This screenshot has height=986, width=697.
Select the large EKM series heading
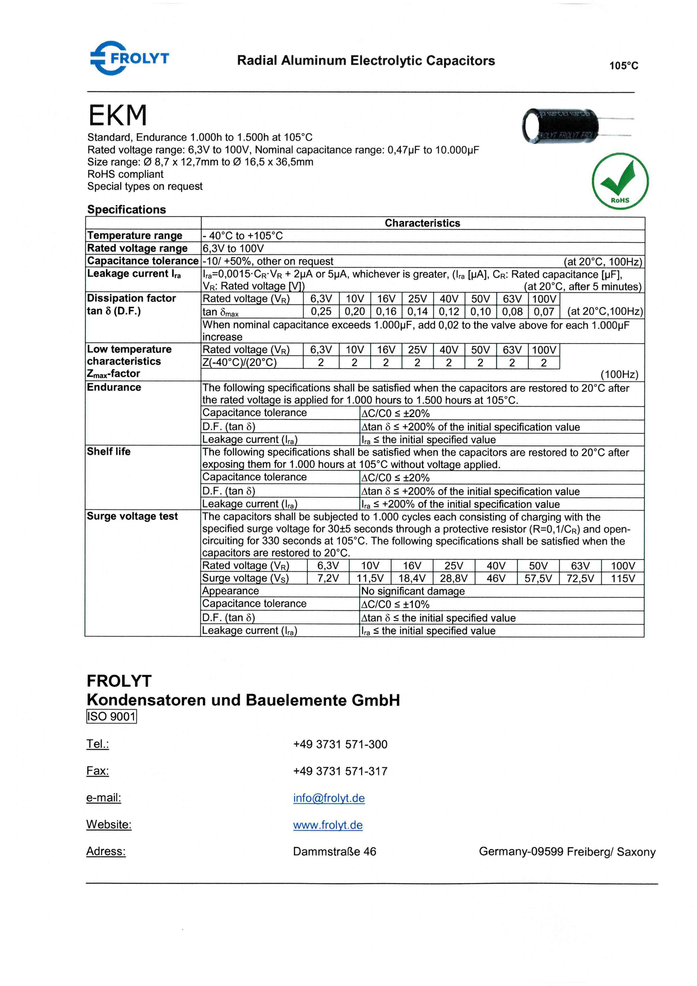(118, 115)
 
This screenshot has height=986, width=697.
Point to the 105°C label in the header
(624, 66)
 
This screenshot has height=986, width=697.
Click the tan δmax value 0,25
(321, 312)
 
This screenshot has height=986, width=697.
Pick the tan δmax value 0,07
(544, 312)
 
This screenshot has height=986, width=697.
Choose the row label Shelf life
(109, 451)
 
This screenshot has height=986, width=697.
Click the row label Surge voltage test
(132, 516)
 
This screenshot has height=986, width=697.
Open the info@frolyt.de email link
(329, 798)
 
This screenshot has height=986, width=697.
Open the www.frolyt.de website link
(328, 825)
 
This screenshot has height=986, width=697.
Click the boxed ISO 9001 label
(112, 716)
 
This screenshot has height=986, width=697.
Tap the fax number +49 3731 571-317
(340, 771)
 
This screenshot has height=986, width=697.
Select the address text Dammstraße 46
(334, 851)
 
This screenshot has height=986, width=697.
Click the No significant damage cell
(412, 591)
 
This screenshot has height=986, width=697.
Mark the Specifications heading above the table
(127, 210)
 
